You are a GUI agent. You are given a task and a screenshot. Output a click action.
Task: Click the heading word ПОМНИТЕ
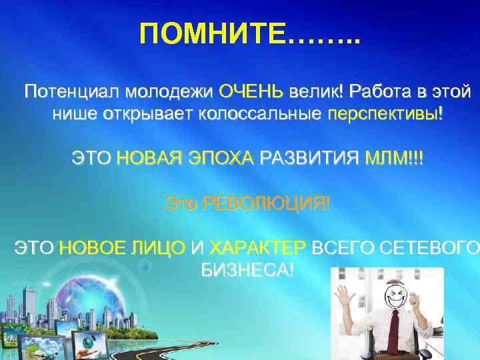pos(213,33)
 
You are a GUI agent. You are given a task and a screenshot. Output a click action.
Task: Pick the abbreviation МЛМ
pos(387,159)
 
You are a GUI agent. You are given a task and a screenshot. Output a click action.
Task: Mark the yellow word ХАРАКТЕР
pos(257,249)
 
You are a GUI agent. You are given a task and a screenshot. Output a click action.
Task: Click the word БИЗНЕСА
pos(245,271)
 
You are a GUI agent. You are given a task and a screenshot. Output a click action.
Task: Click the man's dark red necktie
pos(395,333)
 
